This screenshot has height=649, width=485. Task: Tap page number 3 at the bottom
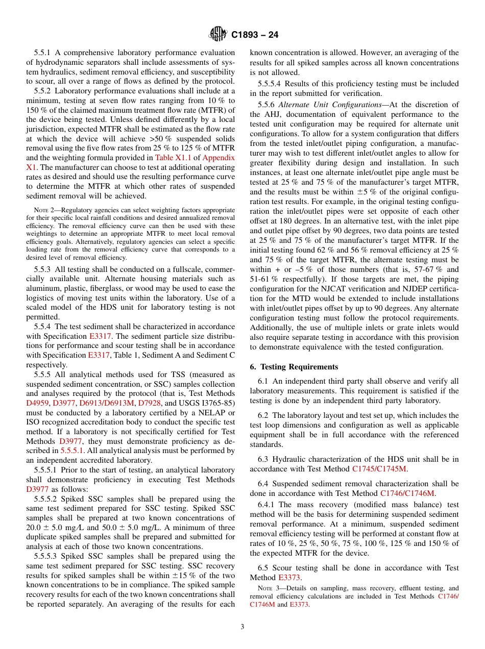(243, 627)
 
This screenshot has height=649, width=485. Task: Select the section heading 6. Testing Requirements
(294, 367)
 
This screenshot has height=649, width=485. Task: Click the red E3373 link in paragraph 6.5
(289, 578)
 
